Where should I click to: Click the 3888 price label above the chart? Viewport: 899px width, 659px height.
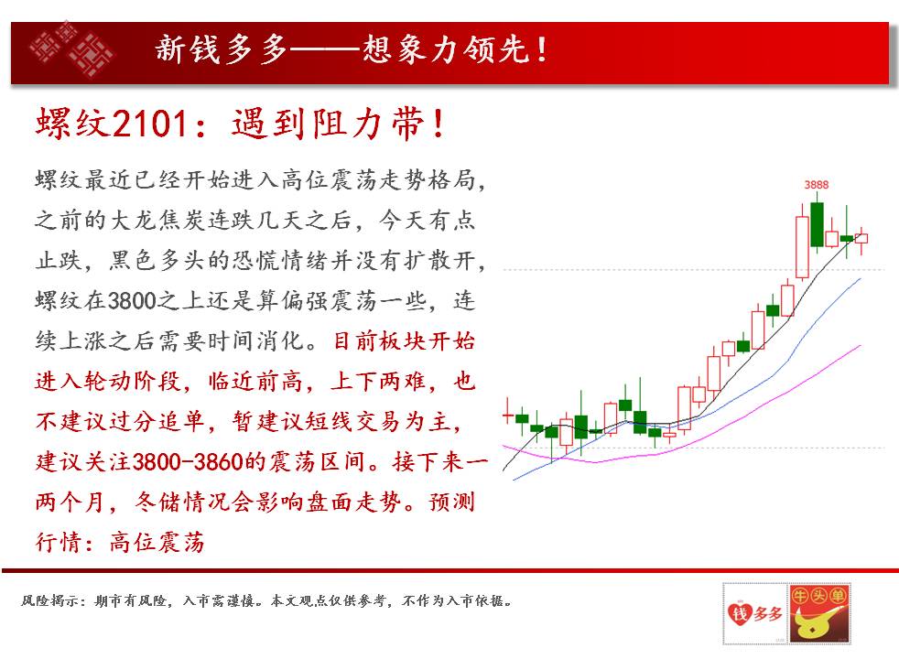pyautogui.click(x=816, y=185)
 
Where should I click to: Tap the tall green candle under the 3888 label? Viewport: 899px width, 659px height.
pyautogui.click(x=817, y=223)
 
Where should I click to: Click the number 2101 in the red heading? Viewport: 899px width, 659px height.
pyautogui.click(x=151, y=124)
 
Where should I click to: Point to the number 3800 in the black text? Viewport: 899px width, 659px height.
pyautogui.click(x=132, y=301)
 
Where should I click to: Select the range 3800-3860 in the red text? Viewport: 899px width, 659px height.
pyautogui.click(x=188, y=462)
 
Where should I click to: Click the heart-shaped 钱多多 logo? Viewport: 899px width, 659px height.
pyautogui.click(x=755, y=614)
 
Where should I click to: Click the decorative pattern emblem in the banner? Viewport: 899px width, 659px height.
pyautogui.click(x=71, y=49)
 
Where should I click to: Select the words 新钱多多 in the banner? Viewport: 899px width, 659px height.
pyautogui.click(x=222, y=49)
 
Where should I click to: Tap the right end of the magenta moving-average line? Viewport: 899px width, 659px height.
pyautogui.click(x=861, y=346)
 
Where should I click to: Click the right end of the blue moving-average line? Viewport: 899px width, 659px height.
pyautogui.click(x=861, y=278)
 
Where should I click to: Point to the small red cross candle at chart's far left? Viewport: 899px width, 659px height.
pyautogui.click(x=508, y=415)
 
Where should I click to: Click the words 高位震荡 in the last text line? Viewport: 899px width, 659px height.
pyautogui.click(x=157, y=542)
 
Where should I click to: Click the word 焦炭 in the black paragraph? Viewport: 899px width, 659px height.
pyautogui.click(x=182, y=221)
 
